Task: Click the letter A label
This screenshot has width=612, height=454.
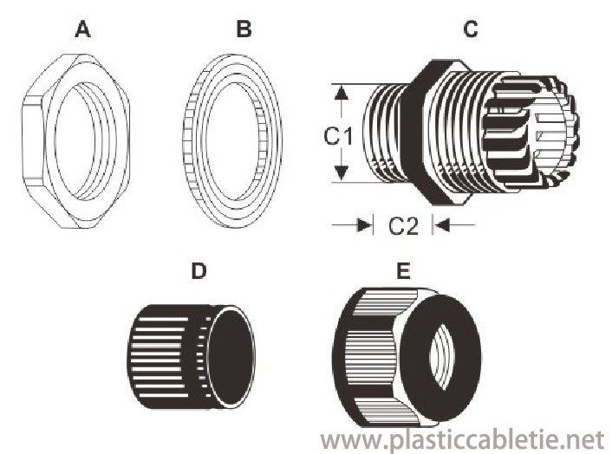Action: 82,29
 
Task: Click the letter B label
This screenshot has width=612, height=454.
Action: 244,29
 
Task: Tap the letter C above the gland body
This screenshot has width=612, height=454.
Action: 471,29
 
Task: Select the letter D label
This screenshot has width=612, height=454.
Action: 199,270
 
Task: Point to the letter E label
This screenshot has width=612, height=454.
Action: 403,270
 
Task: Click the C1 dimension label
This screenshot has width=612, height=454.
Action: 338,137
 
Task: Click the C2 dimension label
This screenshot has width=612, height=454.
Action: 403,226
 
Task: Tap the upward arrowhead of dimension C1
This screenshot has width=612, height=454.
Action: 342,94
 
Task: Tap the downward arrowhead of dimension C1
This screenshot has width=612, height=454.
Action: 342,172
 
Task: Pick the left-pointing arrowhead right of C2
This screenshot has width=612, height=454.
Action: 442,225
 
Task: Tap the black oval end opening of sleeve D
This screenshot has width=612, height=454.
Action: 231,356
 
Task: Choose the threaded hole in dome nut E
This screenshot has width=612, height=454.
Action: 442,357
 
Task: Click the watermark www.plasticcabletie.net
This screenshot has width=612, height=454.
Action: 463,440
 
